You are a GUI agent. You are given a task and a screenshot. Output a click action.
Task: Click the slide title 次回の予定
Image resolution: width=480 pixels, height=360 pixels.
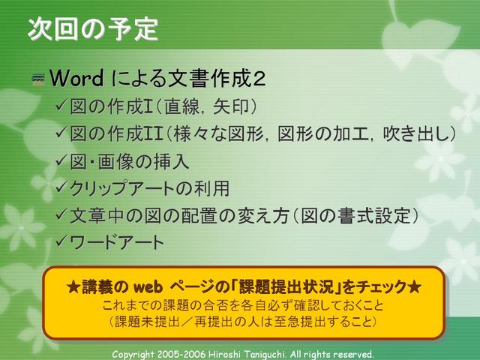[x=93, y=29]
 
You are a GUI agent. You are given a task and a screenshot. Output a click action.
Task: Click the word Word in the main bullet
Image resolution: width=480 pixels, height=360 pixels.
[x=76, y=78]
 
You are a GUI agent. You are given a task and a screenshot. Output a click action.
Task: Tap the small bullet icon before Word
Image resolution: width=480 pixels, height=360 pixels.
[x=38, y=79]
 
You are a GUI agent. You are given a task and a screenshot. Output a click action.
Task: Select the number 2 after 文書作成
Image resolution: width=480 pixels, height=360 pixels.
[x=259, y=79]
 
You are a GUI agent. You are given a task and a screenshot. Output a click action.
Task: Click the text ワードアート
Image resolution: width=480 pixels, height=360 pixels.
[x=117, y=242]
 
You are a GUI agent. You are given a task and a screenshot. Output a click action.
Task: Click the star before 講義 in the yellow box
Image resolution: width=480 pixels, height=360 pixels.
[x=73, y=287]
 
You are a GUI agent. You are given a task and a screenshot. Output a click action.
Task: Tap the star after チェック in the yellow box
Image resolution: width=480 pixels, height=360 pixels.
[x=414, y=287]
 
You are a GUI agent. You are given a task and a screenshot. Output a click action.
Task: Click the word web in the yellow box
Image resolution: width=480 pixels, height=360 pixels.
[x=148, y=287]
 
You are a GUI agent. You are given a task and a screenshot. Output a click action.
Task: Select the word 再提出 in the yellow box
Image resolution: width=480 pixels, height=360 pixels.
[x=211, y=322]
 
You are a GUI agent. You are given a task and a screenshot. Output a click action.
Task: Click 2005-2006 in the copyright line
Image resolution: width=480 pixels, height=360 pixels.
[x=181, y=354]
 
